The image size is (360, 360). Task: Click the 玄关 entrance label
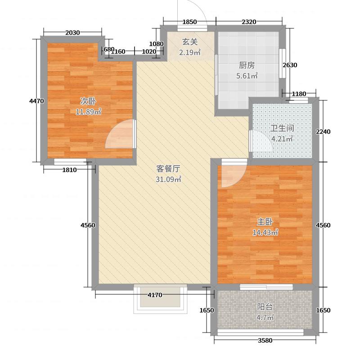pyautogui.click(x=189, y=42)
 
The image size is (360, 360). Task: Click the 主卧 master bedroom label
pyautogui.click(x=265, y=222)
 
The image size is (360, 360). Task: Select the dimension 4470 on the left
pyautogui.click(x=36, y=101)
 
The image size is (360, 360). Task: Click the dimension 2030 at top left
pyautogui.click(x=72, y=32)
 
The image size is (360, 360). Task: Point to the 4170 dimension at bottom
pyautogui.click(x=156, y=295)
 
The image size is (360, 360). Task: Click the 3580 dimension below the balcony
pyautogui.click(x=265, y=341)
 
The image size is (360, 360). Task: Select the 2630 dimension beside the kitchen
pyautogui.click(x=290, y=65)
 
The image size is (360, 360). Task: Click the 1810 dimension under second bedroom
pyautogui.click(x=69, y=170)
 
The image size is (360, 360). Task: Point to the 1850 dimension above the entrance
pyautogui.click(x=190, y=22)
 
